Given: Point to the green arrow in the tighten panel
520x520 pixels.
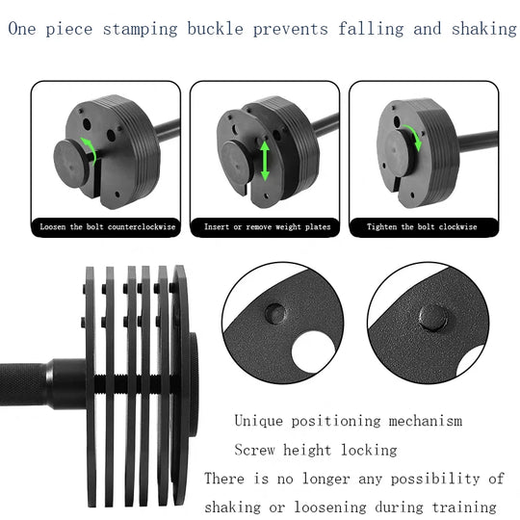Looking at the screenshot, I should tap(417, 137).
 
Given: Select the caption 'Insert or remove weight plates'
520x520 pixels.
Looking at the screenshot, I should tap(267, 227).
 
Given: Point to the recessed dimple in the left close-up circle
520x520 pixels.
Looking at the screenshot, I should tap(274, 312).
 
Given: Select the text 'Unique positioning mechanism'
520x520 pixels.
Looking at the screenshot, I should tap(348, 421).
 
